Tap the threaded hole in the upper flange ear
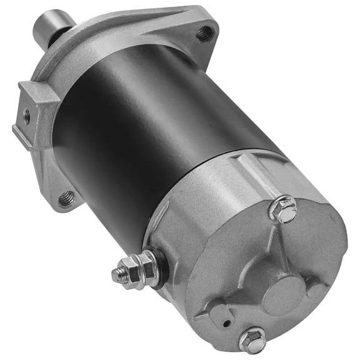pos(203,33)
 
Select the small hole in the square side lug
pos(26,115)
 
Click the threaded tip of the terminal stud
pos(117,273)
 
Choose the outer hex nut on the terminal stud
pos(130,269)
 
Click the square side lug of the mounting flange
pos(31,116)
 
